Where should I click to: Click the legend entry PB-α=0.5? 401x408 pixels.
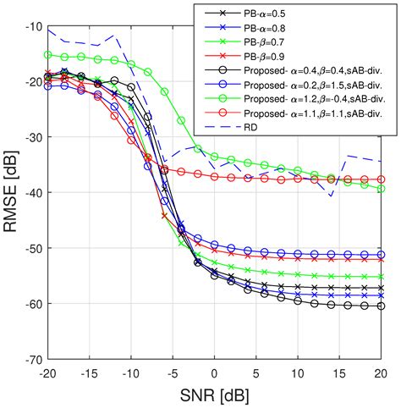(254, 13)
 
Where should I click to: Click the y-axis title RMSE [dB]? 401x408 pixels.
(13, 193)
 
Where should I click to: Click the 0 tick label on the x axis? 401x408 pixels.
(215, 372)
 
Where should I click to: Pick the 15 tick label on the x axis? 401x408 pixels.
(339, 372)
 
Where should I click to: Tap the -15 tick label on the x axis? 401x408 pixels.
(89, 372)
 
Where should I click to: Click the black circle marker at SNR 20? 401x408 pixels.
(381, 306)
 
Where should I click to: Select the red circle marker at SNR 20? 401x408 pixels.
(381, 179)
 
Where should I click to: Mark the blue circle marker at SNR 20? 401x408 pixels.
(381, 254)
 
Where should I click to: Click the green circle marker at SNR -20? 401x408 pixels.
(48, 55)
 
